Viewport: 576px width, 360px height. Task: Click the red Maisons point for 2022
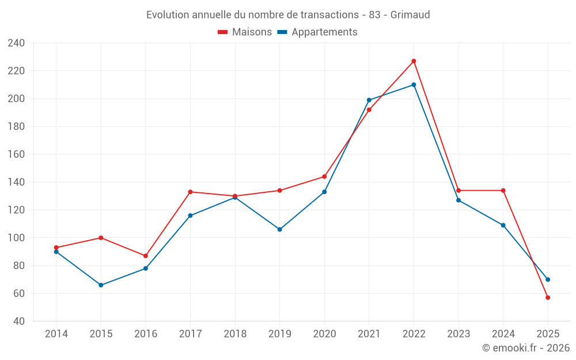414,61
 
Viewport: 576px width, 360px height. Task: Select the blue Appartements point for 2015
101,285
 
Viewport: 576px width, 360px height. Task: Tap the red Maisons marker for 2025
548,298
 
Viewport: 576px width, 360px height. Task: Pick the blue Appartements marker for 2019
280,229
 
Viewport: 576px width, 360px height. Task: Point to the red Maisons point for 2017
190,192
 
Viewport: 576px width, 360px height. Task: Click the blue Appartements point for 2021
369,100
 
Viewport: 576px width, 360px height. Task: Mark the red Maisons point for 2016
146,256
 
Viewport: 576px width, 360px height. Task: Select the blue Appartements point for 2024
503,225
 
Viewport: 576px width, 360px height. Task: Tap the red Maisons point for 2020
324,177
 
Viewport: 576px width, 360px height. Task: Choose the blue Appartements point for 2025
548,279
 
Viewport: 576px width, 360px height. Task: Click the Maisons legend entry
245,32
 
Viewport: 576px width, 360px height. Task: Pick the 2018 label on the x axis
235,334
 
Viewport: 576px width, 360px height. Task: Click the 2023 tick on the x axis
458,334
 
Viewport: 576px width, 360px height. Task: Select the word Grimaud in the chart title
410,15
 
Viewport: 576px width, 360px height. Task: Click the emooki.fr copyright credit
526,348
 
